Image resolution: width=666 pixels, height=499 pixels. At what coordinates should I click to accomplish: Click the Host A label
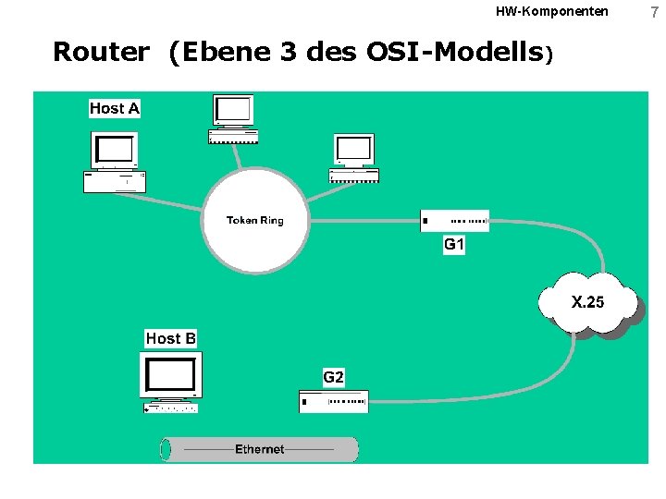click(115, 109)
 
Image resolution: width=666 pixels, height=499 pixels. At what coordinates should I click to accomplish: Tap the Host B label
click(171, 338)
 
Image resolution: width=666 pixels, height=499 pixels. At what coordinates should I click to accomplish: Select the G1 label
click(454, 245)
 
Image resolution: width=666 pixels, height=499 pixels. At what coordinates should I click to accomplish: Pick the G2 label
click(334, 377)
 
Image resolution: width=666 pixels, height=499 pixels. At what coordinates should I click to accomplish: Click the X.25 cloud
click(587, 302)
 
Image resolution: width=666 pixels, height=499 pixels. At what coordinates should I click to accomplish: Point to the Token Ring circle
click(254, 220)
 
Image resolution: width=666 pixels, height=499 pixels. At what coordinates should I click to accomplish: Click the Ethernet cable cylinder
click(259, 449)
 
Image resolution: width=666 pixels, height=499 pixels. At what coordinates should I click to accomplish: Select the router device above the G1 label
click(454, 221)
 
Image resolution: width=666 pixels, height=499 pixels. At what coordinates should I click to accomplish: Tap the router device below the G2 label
click(334, 401)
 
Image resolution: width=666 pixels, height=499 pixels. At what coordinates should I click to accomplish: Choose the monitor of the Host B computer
click(171, 374)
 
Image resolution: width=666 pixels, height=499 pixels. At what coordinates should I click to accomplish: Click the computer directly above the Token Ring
click(233, 118)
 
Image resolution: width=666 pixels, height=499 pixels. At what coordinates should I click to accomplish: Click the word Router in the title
click(100, 52)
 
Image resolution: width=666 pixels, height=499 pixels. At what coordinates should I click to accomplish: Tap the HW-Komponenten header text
click(552, 11)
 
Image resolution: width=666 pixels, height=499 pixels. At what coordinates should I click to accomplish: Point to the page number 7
click(653, 12)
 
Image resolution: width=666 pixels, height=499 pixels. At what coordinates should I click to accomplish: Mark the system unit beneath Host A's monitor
click(115, 181)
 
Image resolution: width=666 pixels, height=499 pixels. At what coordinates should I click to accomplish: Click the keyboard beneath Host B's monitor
click(171, 407)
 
